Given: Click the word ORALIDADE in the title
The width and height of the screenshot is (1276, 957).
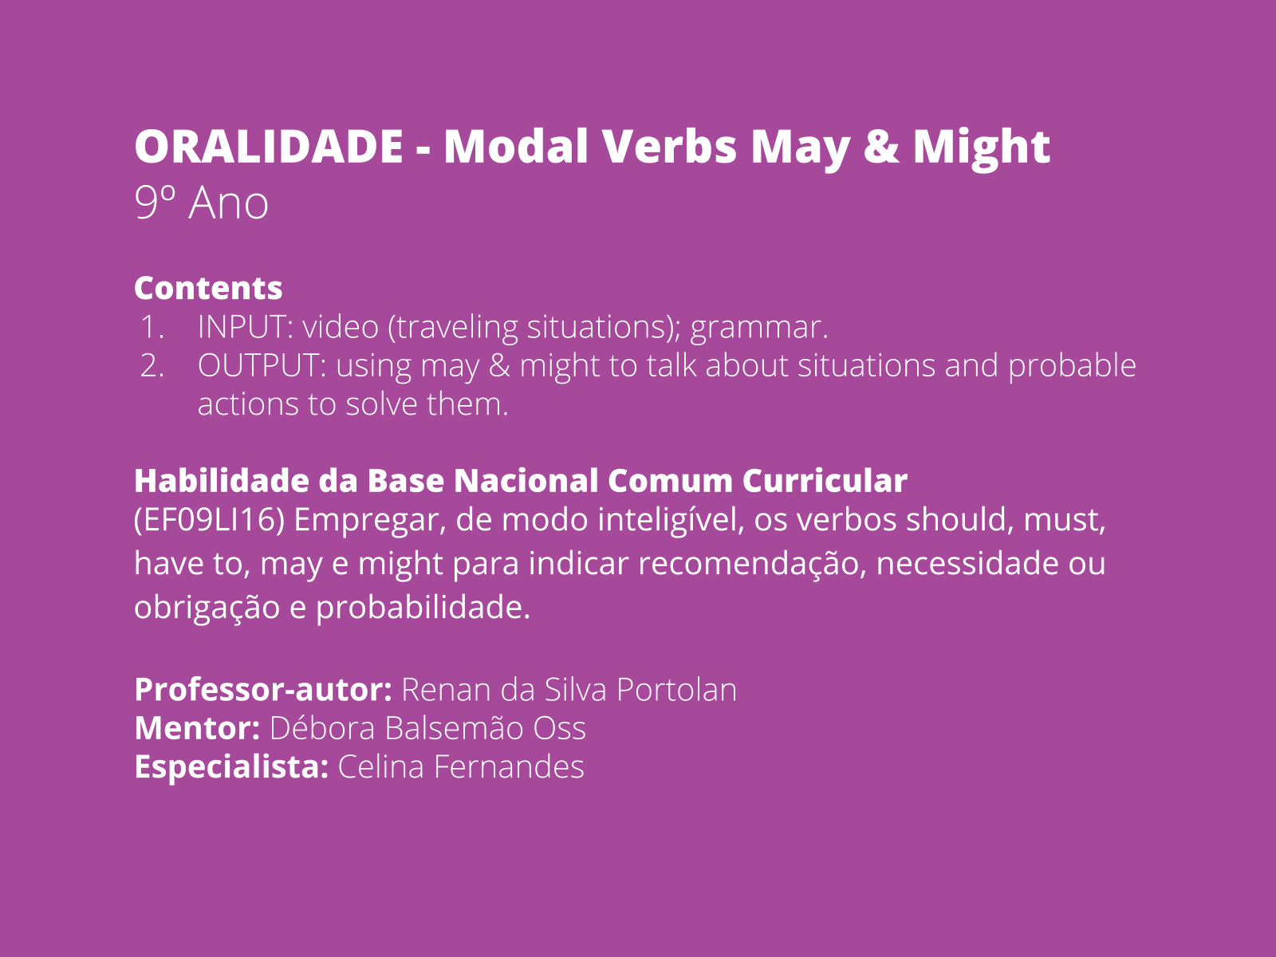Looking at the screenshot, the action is (x=269, y=146).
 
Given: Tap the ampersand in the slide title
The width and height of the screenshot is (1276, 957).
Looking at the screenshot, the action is (x=881, y=146).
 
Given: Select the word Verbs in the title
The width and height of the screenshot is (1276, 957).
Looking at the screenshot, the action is (x=669, y=146).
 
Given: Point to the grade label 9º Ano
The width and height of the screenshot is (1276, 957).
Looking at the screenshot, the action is (x=201, y=203).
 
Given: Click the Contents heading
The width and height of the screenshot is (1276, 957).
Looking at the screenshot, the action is (x=208, y=288).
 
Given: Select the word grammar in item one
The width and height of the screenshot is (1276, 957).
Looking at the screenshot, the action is (x=758, y=329).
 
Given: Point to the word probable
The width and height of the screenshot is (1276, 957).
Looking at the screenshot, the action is (x=1072, y=366).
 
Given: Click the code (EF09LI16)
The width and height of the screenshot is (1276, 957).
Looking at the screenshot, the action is (x=209, y=519).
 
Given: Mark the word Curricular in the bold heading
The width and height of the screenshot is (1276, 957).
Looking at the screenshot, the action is (x=825, y=481).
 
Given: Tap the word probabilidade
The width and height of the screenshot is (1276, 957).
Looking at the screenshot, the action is (x=423, y=608).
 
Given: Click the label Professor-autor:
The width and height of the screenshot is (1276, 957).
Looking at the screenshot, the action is (x=263, y=690).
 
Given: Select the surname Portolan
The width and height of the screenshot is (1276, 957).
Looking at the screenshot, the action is (x=676, y=690).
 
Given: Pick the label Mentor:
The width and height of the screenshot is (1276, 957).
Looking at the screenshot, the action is (x=197, y=728).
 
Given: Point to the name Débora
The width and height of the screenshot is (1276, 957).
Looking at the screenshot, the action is (x=322, y=728).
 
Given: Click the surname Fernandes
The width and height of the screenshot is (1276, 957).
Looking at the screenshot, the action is (x=509, y=766).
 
